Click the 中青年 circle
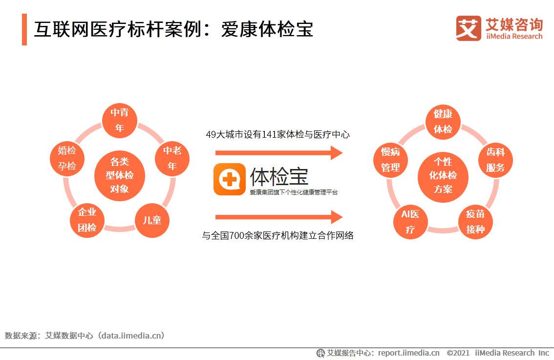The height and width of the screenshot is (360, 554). [120, 120]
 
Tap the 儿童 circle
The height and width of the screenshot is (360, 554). [152, 220]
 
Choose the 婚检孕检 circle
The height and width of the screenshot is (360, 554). [67, 158]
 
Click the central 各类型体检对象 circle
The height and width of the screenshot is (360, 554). [119, 175]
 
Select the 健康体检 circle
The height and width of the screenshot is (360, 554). [443, 122]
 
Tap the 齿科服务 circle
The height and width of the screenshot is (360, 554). [495, 159]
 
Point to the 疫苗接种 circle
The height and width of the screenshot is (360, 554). [475, 221]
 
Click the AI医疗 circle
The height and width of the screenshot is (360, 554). [410, 221]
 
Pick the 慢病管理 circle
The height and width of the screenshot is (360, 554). [391, 159]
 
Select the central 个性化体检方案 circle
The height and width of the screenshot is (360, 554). [443, 175]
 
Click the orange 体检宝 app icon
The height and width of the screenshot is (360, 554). [230, 179]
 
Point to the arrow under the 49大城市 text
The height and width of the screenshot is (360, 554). [279, 153]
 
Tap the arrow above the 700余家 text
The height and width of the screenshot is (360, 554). [279, 217]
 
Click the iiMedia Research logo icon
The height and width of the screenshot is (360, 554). [468, 28]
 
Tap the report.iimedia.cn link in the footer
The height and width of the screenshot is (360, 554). [408, 353]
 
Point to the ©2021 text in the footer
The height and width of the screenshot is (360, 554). [458, 353]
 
